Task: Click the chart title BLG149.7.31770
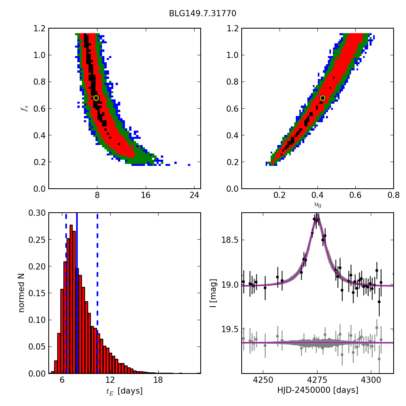203,14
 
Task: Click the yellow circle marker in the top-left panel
96,98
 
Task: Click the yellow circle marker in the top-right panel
322,98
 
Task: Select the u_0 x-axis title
317,205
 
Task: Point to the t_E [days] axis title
125,391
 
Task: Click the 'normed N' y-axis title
22,293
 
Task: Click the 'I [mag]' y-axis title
213,293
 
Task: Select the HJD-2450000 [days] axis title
317,391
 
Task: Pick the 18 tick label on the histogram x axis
158,380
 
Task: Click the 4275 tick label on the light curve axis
317,380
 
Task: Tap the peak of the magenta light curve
317,219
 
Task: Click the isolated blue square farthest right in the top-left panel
189,165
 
